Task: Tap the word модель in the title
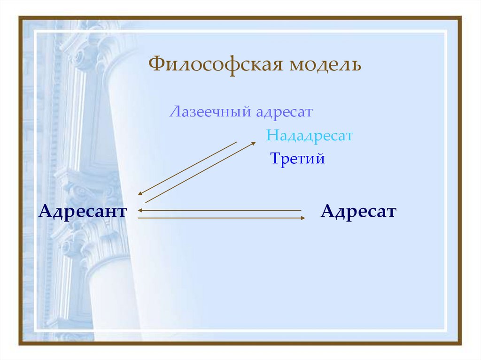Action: point(325,64)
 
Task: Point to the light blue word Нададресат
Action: point(309,136)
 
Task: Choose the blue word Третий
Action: point(297,159)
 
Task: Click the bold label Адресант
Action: point(83,211)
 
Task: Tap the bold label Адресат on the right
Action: point(358,211)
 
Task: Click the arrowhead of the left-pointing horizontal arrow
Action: point(140,210)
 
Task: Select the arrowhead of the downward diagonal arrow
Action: point(140,193)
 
